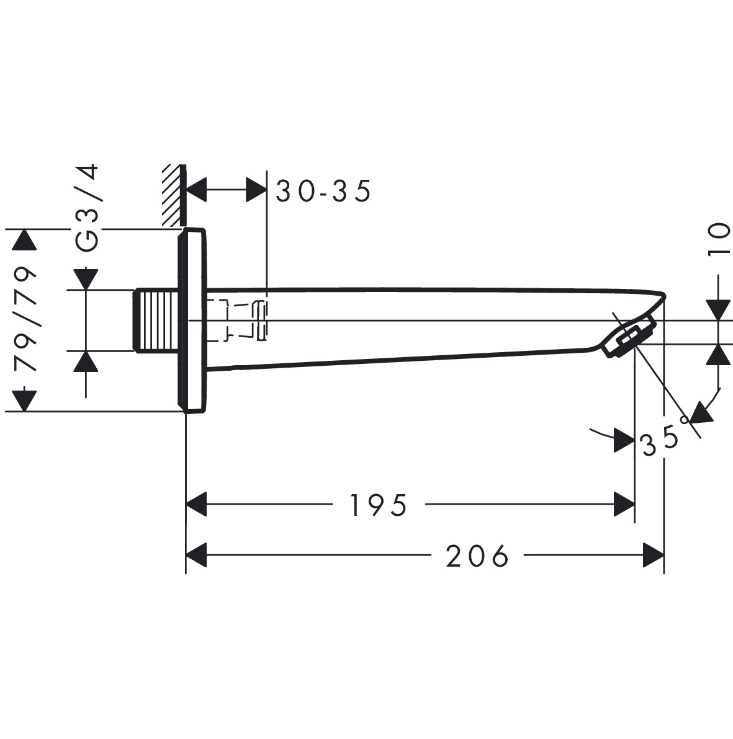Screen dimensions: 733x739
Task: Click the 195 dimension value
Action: [x=378, y=505]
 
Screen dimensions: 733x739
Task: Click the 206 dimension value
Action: [x=477, y=555]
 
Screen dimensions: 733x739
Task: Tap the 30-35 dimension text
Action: [x=323, y=191]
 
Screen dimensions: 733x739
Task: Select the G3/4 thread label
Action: [x=87, y=207]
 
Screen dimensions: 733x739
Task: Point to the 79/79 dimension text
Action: [x=25, y=319]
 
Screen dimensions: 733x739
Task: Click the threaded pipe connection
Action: [x=156, y=321]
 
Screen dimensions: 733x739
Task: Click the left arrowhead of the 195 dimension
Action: [x=196, y=504]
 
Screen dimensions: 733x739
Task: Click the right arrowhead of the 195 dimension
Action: [x=624, y=504]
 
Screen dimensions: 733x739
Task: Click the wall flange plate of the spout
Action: [x=192, y=321]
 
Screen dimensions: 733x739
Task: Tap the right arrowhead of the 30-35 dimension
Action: [x=256, y=190]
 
